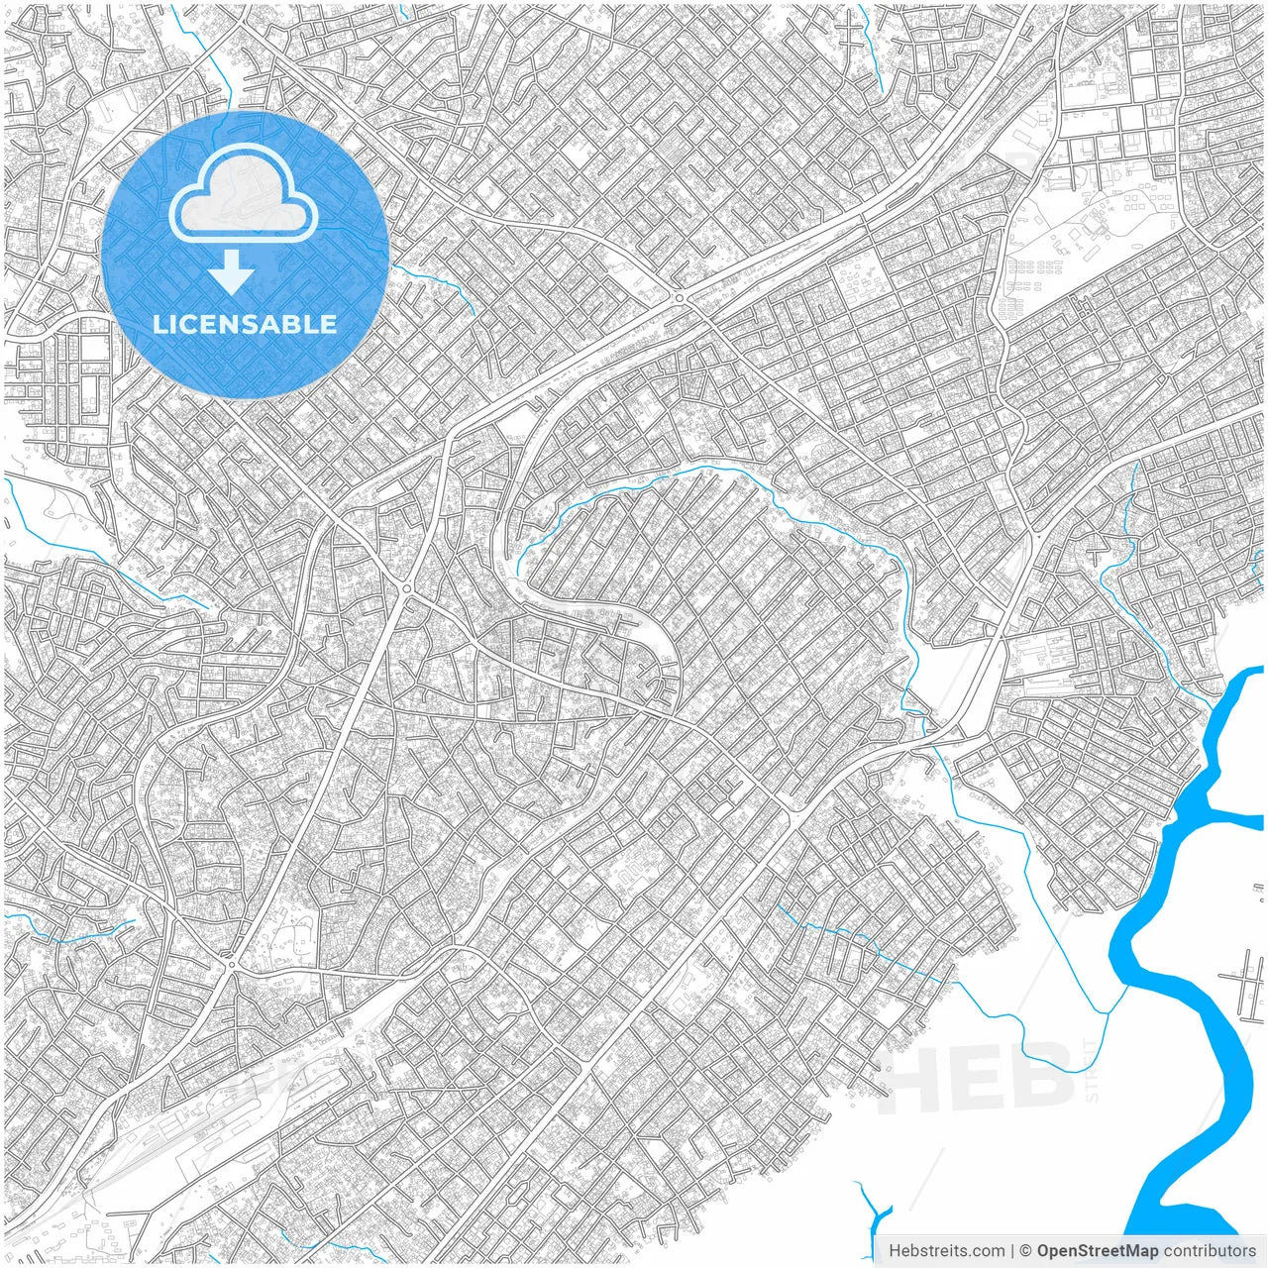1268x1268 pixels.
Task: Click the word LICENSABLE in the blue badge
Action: (244, 324)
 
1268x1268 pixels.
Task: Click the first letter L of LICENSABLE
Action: (158, 324)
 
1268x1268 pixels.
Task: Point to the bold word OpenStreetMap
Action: (1098, 1251)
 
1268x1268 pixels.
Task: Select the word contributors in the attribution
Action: (1210, 1251)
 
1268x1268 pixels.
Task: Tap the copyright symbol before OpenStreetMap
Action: (1026, 1251)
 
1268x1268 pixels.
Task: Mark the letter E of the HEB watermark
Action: (985, 1078)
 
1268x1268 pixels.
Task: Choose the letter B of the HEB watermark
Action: (1043, 1078)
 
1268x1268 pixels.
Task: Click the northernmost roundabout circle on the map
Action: (680, 296)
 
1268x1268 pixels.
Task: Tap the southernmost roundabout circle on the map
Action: (231, 963)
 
